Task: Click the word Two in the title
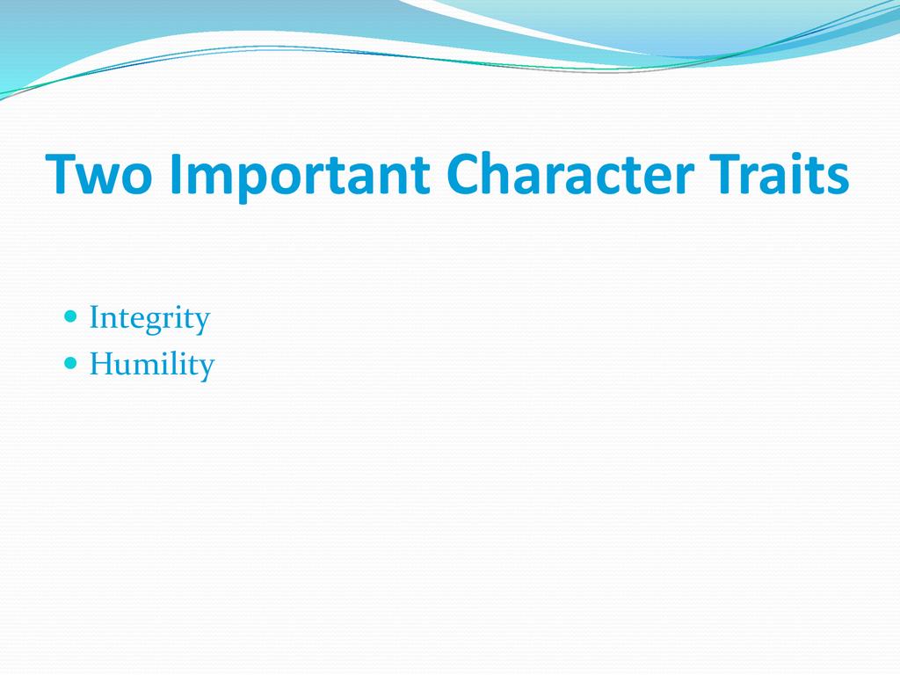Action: point(98,173)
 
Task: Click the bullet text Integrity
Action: point(149,319)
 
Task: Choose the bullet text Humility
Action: point(152,365)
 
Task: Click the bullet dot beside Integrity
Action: point(70,316)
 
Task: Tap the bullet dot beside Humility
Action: point(70,363)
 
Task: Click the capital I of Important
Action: point(175,174)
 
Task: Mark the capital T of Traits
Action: point(725,174)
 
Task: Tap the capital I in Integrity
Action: point(95,316)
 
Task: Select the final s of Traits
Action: point(838,179)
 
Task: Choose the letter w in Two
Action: point(97,179)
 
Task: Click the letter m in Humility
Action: point(151,368)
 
